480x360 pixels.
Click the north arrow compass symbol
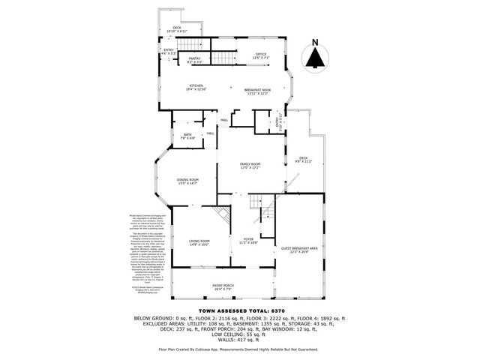pos(315,56)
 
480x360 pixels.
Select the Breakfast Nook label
pos(256,91)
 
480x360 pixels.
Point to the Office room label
pos(260,55)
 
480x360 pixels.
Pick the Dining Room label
pos(187,181)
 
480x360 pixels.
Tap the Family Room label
pos(250,166)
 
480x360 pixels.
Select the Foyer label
pos(247,241)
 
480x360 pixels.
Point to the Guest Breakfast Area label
pos(299,250)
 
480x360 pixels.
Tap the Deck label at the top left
pos(177,29)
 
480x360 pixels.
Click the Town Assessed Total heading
pos(239,310)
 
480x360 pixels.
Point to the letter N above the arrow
pos(315,42)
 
